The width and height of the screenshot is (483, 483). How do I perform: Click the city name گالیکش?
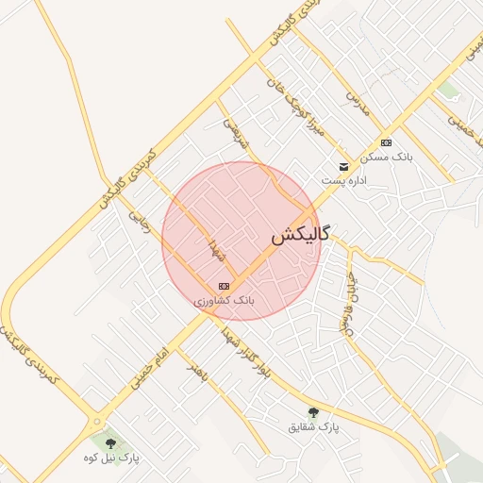(300, 236)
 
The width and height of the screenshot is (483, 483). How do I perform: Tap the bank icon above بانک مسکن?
(385, 142)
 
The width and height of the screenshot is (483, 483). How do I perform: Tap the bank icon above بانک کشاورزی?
(224, 286)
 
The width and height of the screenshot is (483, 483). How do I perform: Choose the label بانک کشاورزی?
(225, 300)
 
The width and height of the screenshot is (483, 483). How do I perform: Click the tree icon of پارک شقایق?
(313, 412)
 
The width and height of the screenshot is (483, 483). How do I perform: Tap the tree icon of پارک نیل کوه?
(110, 442)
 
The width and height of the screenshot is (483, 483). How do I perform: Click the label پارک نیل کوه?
(110, 458)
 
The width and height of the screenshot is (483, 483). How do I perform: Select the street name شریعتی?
(233, 133)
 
